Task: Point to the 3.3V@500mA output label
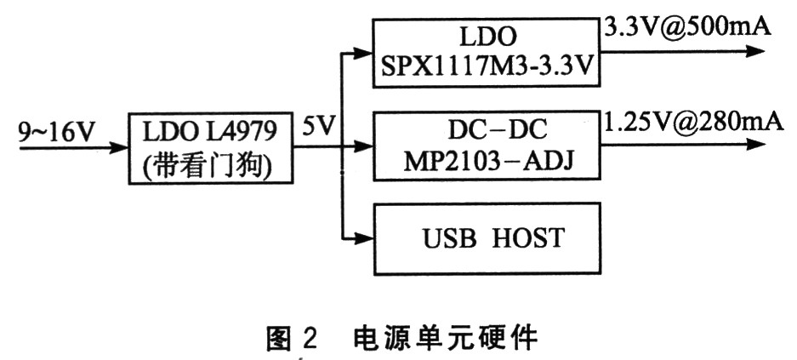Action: pyautogui.click(x=686, y=26)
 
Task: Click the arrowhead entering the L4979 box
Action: pyautogui.click(x=122, y=148)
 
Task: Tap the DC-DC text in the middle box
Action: pyautogui.click(x=487, y=132)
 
